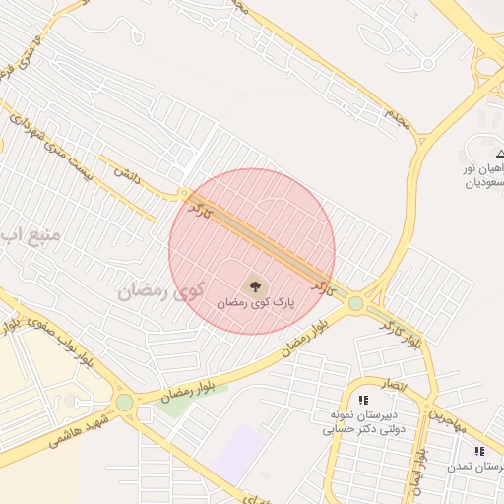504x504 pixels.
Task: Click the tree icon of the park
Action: pyautogui.click(x=255, y=287)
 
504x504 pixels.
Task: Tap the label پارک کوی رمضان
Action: pyautogui.click(x=253, y=306)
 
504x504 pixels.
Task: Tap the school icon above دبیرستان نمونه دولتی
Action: pyautogui.click(x=364, y=400)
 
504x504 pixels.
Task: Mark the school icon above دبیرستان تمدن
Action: pyautogui.click(x=479, y=451)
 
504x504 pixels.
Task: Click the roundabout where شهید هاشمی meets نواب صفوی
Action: pyautogui.click(x=124, y=402)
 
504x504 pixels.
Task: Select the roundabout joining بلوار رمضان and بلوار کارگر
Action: pyautogui.click(x=355, y=304)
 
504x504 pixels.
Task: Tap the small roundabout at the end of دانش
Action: pyautogui.click(x=184, y=194)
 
